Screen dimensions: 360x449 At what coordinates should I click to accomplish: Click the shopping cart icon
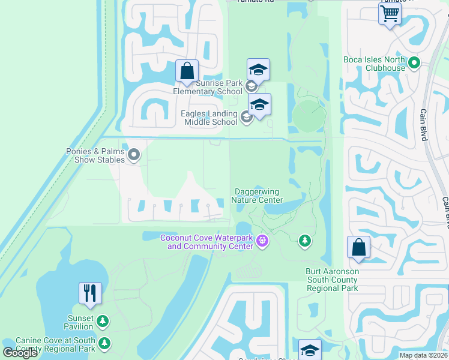(390, 13)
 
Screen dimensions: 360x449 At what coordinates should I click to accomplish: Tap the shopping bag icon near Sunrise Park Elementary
(187, 71)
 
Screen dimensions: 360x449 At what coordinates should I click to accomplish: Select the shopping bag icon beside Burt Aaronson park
(358, 247)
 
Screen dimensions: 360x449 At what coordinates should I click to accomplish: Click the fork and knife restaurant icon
(90, 293)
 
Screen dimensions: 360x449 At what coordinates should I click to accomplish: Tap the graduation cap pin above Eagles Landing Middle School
(259, 104)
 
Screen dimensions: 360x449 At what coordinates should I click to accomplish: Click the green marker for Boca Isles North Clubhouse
(414, 62)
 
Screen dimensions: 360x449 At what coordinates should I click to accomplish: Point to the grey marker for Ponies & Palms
(134, 155)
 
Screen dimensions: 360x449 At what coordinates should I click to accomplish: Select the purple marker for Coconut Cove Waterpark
(261, 242)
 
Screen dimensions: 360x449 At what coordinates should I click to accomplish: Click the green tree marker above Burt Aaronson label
(305, 241)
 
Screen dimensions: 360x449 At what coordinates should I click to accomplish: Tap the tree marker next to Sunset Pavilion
(103, 322)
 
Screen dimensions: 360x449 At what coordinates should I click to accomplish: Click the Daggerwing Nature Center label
(258, 196)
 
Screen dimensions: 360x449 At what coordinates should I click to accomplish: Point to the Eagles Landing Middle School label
(209, 118)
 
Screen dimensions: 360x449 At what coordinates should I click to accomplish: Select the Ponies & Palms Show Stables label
(95, 156)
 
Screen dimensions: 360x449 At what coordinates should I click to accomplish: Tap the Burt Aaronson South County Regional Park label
(332, 280)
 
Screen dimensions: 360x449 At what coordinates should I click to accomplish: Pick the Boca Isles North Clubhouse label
(374, 64)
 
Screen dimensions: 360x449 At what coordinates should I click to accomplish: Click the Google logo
(20, 353)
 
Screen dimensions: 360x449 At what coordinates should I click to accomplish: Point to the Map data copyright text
(423, 355)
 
